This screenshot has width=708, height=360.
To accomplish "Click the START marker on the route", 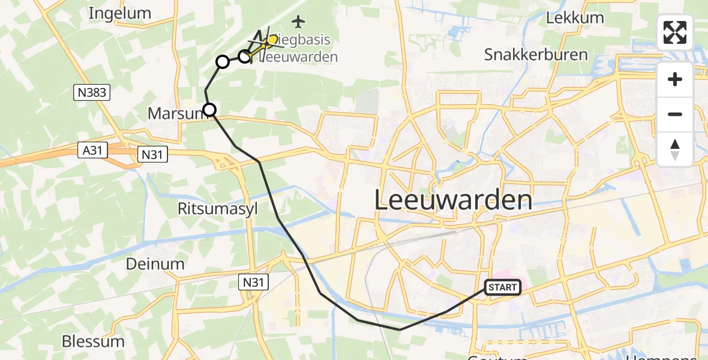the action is pos(503,287).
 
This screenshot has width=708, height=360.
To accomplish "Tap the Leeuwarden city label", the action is pos(454,200).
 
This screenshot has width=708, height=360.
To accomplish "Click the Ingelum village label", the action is pos(119,13).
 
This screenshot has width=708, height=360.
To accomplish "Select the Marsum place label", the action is pos(175,113).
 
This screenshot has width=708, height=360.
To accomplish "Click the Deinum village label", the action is pos(155,263).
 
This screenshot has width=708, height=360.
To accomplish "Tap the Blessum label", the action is pos(93,341).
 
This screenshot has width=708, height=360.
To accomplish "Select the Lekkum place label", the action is pos(575,17).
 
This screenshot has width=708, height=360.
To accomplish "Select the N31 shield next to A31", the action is pos(152,154).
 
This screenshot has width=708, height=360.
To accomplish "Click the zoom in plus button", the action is pos(675,79).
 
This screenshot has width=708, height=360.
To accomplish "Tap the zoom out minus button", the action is pos(675,114).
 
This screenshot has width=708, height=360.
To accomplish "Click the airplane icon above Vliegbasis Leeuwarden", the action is pos(298,22).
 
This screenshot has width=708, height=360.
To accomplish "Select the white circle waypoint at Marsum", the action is pos(209,109).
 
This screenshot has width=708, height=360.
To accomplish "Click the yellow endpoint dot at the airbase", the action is pos(273,40).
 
